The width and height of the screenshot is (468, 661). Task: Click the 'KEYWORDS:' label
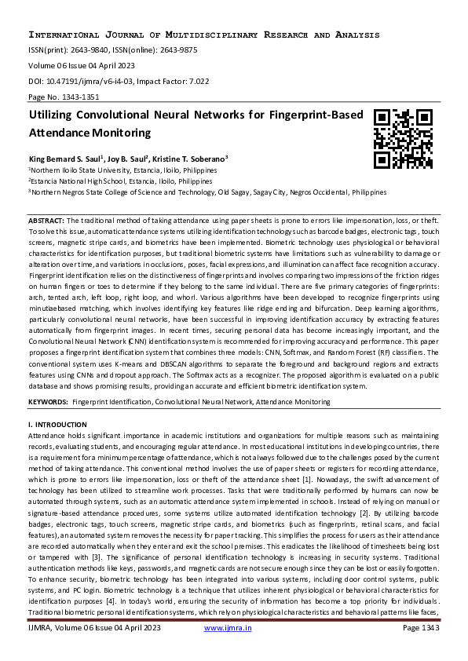coord(48,402)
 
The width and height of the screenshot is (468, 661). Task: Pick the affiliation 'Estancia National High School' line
coord(120,180)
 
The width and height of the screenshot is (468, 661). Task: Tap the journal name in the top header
coord(203,35)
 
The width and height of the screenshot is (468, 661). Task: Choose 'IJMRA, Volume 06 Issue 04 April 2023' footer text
coord(93,649)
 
